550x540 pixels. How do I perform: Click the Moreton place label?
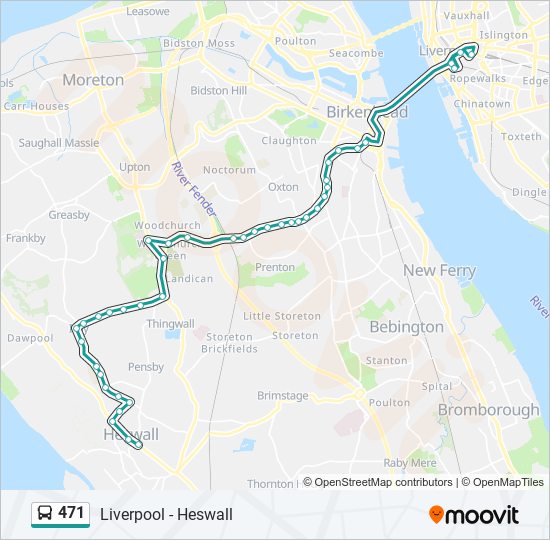click(93, 79)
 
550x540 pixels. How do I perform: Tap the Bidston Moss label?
click(198, 44)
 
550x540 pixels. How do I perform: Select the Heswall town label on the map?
click(131, 435)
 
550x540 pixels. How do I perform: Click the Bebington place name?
click(406, 327)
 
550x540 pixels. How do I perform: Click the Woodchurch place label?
click(161, 226)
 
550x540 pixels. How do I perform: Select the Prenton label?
click(275, 267)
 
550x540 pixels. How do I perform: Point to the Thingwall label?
click(170, 324)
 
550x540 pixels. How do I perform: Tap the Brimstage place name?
click(283, 395)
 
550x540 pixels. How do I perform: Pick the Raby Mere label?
click(410, 463)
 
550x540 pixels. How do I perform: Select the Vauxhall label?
click(466, 16)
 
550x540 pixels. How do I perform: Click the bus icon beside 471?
click(44, 514)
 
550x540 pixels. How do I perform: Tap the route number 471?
click(71, 513)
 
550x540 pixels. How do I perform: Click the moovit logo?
click(474, 515)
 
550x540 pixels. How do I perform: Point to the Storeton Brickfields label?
click(230, 343)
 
